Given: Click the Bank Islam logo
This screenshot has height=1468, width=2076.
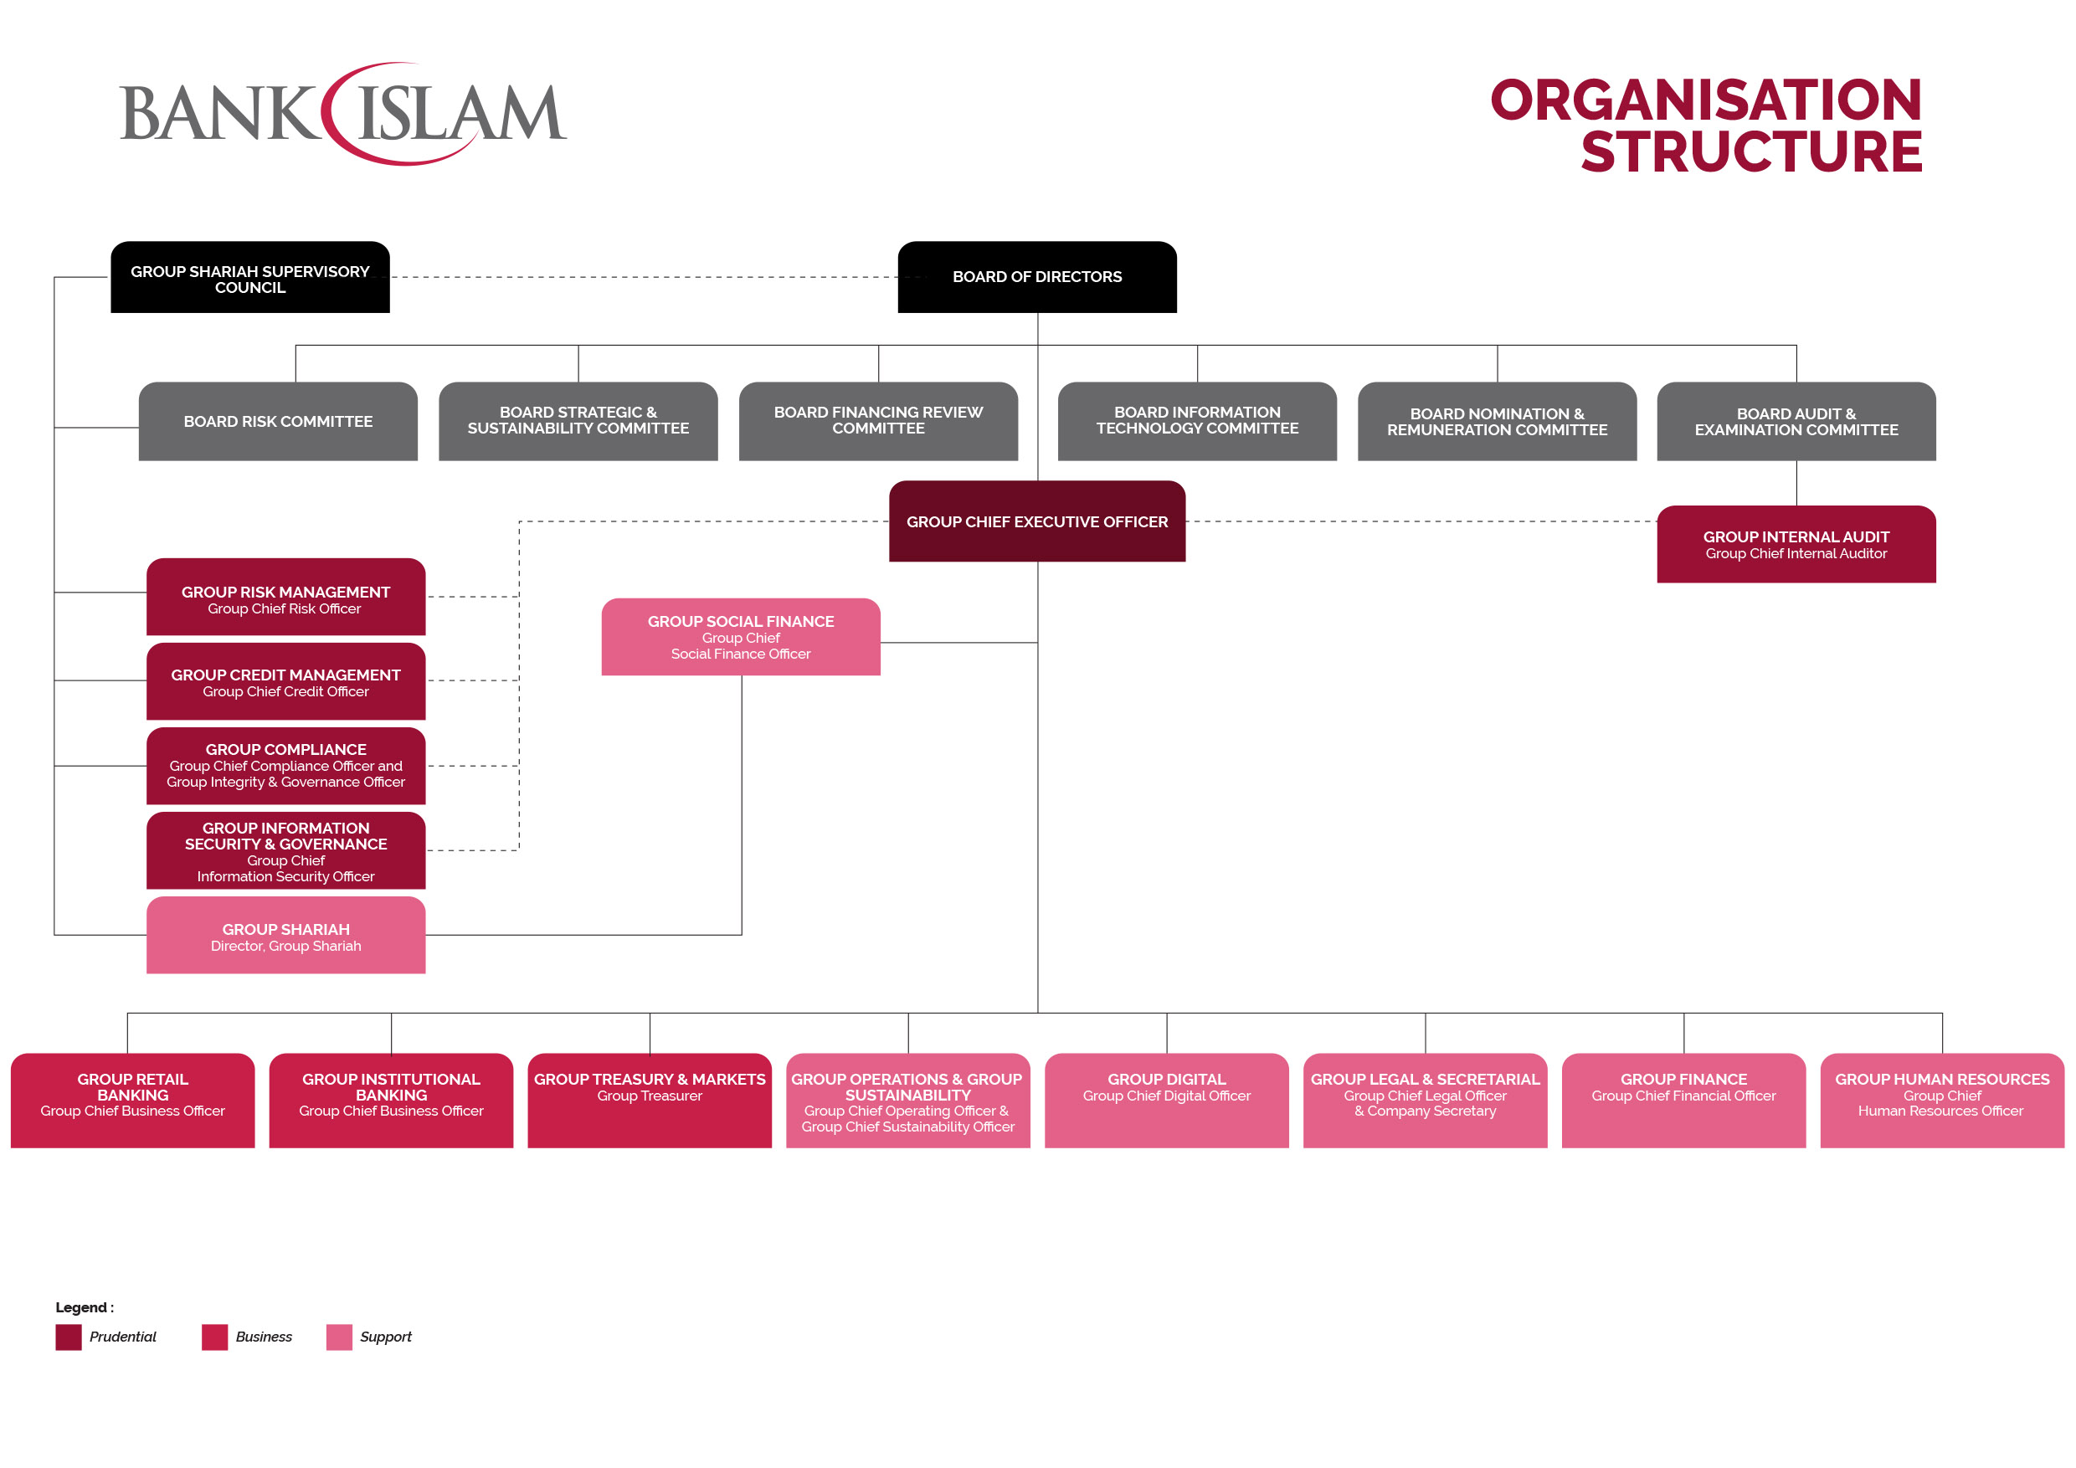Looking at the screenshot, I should [343, 114].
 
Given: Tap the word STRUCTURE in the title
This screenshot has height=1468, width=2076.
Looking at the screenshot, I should [1750, 151].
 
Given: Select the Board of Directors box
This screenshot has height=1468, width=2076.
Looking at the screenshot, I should [1037, 276].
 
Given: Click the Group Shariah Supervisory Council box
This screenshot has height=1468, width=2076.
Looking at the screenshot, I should [249, 278].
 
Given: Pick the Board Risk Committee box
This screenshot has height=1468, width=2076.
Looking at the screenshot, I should [278, 421].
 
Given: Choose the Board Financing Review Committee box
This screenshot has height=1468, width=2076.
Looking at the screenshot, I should [878, 421].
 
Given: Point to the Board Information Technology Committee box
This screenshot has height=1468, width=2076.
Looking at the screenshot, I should [1197, 421].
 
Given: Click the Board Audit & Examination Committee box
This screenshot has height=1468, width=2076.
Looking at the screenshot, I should [1796, 421].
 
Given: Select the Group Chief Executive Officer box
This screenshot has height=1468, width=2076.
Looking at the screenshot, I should [1037, 521].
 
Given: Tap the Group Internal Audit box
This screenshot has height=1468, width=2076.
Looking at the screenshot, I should [1796, 544].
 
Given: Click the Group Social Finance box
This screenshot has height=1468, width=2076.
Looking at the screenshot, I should [741, 637].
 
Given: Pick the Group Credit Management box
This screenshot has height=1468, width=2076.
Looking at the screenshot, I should [285, 681].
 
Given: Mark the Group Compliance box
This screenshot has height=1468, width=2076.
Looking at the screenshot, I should [285, 766].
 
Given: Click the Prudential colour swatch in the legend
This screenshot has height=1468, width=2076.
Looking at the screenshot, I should [69, 1337].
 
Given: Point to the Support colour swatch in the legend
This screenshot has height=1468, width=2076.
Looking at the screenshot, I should [339, 1337].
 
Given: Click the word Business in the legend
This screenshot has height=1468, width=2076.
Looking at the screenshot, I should [263, 1337].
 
